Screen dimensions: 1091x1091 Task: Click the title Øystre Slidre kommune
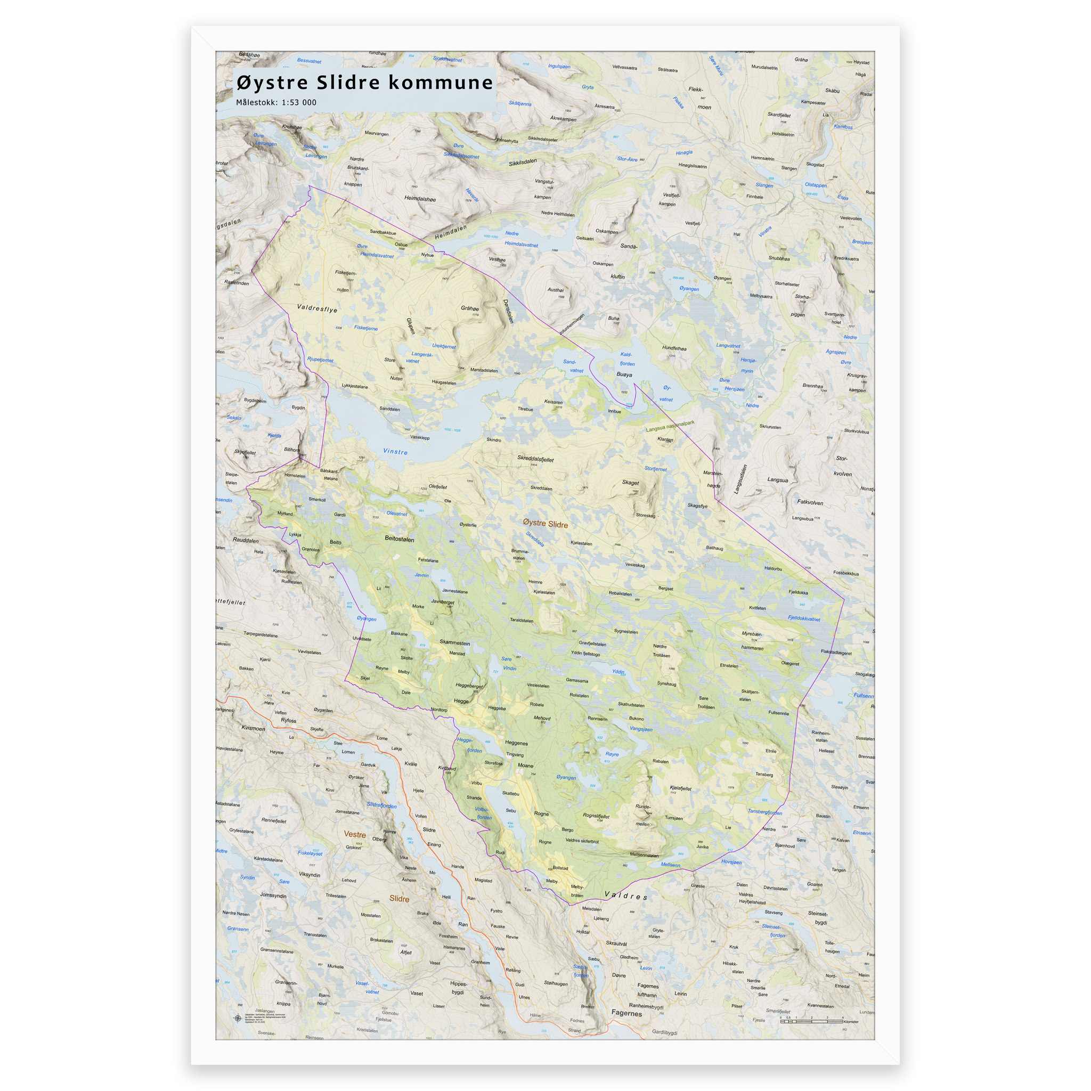(x=364, y=83)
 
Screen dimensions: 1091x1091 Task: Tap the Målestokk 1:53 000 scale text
(x=275, y=102)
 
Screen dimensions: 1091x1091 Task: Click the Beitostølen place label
(x=399, y=539)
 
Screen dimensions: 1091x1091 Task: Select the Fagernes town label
(x=626, y=1013)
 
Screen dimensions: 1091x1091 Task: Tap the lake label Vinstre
(x=395, y=452)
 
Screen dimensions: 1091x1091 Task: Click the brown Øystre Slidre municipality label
(x=545, y=524)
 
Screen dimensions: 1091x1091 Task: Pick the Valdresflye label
(x=317, y=309)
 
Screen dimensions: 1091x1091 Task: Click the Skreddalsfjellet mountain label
(x=535, y=459)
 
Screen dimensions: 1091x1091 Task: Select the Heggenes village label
(x=516, y=743)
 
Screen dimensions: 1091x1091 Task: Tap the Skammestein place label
(x=454, y=642)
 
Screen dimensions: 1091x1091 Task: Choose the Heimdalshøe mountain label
(x=420, y=199)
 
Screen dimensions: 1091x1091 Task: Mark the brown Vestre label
(x=355, y=834)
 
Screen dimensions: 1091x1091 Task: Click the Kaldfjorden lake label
(x=627, y=359)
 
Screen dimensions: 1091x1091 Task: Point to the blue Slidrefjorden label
(x=382, y=805)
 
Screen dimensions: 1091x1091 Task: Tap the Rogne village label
(x=541, y=814)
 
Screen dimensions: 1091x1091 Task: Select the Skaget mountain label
(x=630, y=482)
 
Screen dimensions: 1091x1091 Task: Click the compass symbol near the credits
(x=237, y=1018)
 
